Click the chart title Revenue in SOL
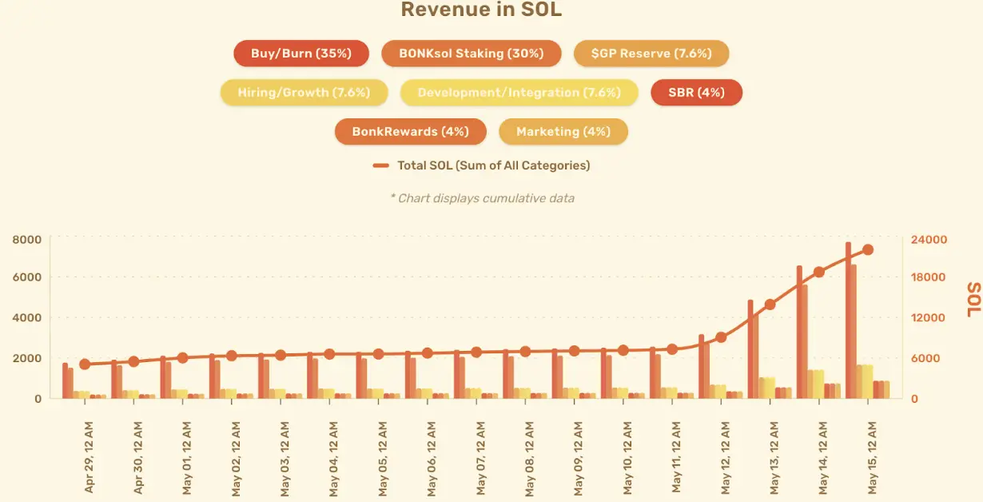(481, 10)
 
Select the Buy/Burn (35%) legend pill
(301, 54)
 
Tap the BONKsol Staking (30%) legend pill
(472, 54)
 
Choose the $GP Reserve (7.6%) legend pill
(651, 54)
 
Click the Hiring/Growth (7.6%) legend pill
(304, 93)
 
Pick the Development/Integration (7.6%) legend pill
(519, 93)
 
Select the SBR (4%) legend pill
(697, 93)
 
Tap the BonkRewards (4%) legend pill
(410, 131)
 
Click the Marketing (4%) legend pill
(563, 131)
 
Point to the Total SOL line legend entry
(482, 165)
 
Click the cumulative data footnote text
(482, 198)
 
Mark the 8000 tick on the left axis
(26, 240)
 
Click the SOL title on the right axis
(973, 298)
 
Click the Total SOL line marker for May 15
(868, 249)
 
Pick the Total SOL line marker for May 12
(721, 337)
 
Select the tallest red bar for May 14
(799, 332)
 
